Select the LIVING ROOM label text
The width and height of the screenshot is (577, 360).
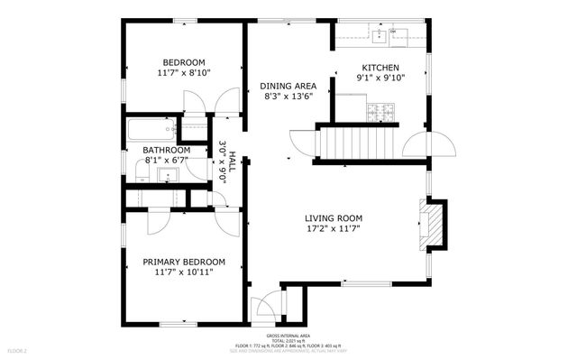coord(333,217)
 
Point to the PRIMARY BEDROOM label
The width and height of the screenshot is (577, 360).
coord(184,262)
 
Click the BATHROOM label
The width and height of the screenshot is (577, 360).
coord(166,150)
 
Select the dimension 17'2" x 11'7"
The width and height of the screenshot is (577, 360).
coord(333,228)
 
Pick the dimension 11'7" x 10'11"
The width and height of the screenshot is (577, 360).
coord(184,272)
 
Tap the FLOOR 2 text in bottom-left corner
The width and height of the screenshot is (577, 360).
coord(18,350)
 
